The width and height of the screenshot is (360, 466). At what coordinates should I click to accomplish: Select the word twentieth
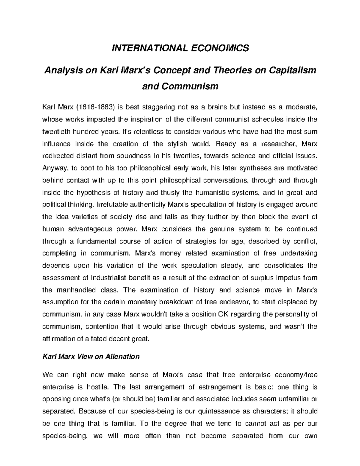56,131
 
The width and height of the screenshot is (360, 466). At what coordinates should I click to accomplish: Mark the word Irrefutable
112,205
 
